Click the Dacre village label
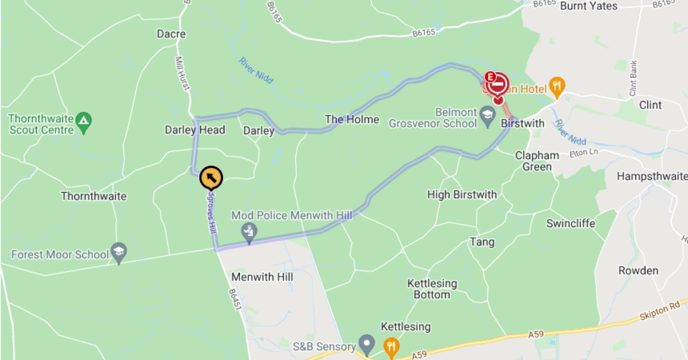tap(171, 34)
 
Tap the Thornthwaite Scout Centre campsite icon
tap(84, 120)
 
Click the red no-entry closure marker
tap(498, 85)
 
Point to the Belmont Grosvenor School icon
tap(487, 113)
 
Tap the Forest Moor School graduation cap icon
tap(119, 252)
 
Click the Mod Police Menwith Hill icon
tap(249, 232)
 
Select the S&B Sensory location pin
tap(366, 345)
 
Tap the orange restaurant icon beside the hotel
tap(556, 87)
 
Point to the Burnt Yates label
tap(588, 6)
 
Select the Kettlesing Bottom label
tap(432, 289)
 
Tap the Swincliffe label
tap(570, 223)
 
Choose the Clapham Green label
tap(537, 161)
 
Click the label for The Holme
tap(352, 119)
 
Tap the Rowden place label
tap(638, 271)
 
